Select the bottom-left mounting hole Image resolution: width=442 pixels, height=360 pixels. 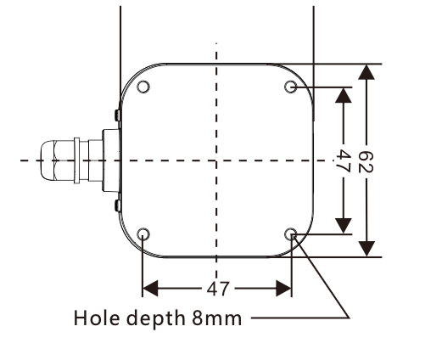coord(143,233)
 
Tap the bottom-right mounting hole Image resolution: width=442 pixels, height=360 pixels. coord(292,233)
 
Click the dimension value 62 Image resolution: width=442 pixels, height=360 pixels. coord(366,160)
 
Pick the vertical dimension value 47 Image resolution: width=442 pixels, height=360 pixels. coord(344,160)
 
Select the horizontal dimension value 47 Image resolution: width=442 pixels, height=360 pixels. coord(218,289)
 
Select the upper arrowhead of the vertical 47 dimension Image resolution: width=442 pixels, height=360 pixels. coord(344,94)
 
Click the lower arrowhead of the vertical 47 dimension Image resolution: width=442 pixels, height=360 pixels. coord(344,225)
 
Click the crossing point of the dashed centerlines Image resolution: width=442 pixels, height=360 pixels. coord(218,160)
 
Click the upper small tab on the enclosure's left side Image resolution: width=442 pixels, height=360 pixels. coord(116,112)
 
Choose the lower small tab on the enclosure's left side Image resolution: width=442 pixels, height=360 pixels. coord(116,207)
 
